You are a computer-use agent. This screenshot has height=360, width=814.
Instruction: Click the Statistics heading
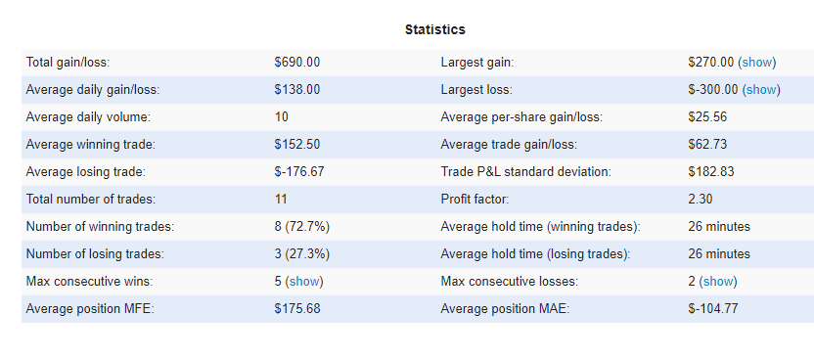[x=435, y=29]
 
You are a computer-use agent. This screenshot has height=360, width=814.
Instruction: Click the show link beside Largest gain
[x=757, y=63]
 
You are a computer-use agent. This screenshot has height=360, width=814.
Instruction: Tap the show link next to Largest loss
[x=761, y=90]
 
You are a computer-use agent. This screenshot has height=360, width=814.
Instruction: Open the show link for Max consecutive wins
[x=304, y=282]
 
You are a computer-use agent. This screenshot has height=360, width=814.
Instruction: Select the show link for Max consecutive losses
[x=718, y=282]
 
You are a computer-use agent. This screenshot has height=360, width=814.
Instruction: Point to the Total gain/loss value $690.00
[x=297, y=63]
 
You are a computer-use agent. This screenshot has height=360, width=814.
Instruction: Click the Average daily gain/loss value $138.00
[x=297, y=90]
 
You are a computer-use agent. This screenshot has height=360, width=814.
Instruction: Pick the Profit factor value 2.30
[x=701, y=200]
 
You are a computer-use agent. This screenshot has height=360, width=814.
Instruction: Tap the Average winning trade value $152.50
[x=297, y=144]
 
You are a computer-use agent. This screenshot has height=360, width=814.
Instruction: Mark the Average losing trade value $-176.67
[x=299, y=172]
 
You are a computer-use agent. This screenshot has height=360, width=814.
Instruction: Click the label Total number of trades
[x=91, y=200]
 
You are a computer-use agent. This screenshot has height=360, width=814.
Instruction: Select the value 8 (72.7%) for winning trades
[x=302, y=227]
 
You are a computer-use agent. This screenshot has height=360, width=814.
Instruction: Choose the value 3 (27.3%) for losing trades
[x=302, y=254]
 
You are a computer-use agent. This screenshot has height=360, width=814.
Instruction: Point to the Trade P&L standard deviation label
[x=526, y=172]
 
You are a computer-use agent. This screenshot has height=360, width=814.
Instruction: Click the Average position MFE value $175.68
[x=297, y=309]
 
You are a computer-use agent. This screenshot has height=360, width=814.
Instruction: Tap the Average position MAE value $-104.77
[x=713, y=309]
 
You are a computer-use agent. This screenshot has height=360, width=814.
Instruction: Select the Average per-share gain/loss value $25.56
[x=707, y=117]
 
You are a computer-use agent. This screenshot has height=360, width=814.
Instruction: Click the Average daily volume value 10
[x=282, y=117]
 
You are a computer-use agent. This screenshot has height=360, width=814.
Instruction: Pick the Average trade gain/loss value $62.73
[x=707, y=144]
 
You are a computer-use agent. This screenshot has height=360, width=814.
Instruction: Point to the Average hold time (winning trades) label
[x=541, y=227]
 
